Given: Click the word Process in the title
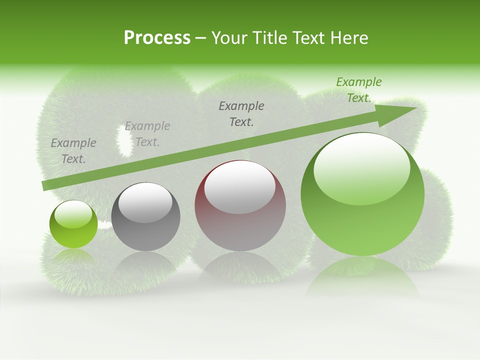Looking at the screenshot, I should point(157,38).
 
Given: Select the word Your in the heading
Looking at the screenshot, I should point(230,38).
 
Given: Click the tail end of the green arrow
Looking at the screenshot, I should point(44,186).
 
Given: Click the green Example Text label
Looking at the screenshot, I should point(358,90).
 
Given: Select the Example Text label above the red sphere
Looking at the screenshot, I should point(241,113).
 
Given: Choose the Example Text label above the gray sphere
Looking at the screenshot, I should point(147,134).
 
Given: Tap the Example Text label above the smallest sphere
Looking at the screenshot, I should point(73,150).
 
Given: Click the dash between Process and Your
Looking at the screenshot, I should point(201,38).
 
